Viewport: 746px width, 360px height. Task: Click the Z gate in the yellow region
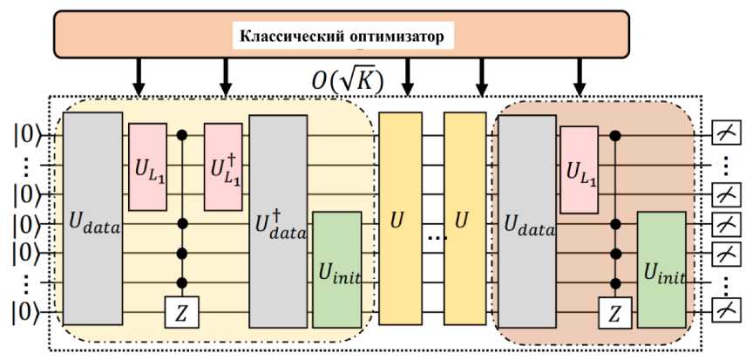click(x=183, y=311)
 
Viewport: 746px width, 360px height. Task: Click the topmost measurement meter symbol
click(x=725, y=133)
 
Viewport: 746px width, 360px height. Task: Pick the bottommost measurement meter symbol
click(x=725, y=311)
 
